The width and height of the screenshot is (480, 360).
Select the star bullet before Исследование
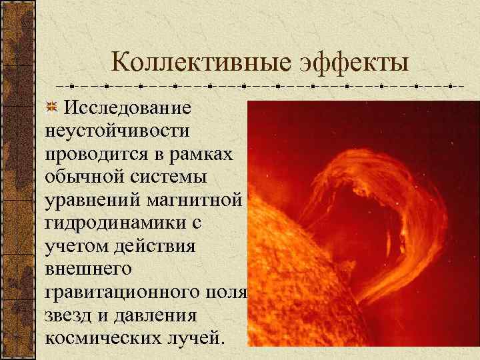click(x=53, y=107)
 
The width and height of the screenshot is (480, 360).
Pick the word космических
click(x=100, y=338)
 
